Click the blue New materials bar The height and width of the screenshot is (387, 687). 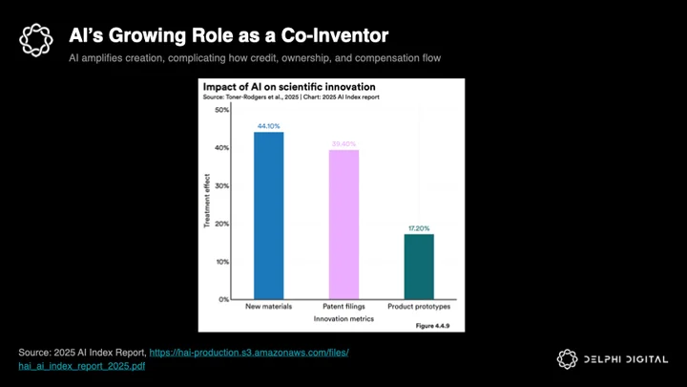268,215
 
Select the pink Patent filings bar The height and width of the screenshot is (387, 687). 343,225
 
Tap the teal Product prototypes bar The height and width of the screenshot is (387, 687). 419,267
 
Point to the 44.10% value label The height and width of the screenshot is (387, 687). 268,126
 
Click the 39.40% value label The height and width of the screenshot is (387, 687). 343,144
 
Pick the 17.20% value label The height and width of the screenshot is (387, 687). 419,228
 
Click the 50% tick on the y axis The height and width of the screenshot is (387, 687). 221,110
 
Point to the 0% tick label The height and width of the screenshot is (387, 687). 224,300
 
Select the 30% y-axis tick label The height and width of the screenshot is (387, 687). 221,185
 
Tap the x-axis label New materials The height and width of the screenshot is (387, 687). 268,307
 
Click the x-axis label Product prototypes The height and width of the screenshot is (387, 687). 419,307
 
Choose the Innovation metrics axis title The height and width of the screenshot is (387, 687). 343,319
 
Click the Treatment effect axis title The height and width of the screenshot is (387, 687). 207,201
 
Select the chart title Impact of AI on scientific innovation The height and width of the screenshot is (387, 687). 289,87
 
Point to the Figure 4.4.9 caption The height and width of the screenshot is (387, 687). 432,326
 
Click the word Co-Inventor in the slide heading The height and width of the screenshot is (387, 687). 335,35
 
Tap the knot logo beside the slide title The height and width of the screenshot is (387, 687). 36,40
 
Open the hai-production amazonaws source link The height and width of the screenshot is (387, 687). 183,359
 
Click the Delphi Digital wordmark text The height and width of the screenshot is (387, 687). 626,360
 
